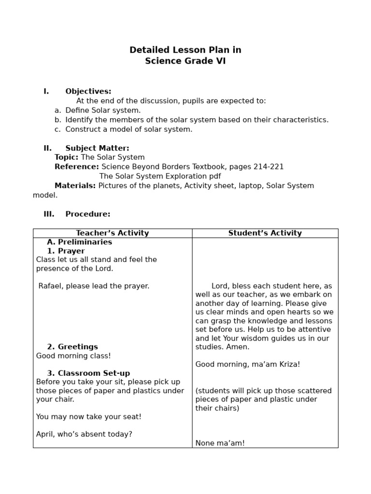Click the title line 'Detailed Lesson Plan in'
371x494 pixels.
tap(185, 50)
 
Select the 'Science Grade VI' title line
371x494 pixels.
tap(185, 61)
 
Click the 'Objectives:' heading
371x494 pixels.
tap(88, 91)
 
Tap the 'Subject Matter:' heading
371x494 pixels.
tap(97, 148)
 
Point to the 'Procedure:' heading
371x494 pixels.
tap(88, 214)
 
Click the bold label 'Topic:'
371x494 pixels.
tap(66, 157)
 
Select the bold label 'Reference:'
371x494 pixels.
tap(76, 167)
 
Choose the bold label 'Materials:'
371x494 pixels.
tap(75, 186)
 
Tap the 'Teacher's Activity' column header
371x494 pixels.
tap(113, 233)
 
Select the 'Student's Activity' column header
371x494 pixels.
tap(265, 233)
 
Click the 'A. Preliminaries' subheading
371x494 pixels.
tap(79, 242)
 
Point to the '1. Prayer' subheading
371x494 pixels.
tap(66, 251)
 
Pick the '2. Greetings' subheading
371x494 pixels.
tap(72, 347)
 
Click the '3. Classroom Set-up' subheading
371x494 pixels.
tap(88, 373)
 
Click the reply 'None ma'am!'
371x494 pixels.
tap(220, 443)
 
